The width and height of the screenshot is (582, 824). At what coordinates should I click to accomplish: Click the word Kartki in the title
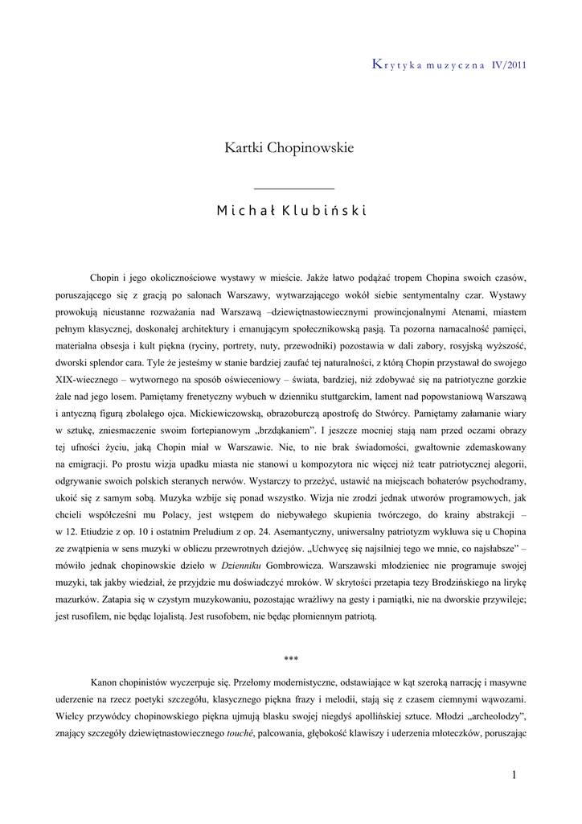click(x=243, y=148)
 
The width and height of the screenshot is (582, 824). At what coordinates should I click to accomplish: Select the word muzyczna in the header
click(x=452, y=65)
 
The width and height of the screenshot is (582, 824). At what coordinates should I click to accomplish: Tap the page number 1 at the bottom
click(x=514, y=774)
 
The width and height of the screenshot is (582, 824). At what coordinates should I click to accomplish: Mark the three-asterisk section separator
click(x=291, y=660)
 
